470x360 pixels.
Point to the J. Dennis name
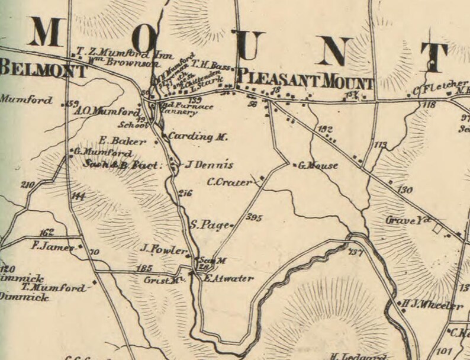point(201,165)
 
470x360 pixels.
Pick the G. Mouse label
point(318,166)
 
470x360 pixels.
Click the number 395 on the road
point(253,217)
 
